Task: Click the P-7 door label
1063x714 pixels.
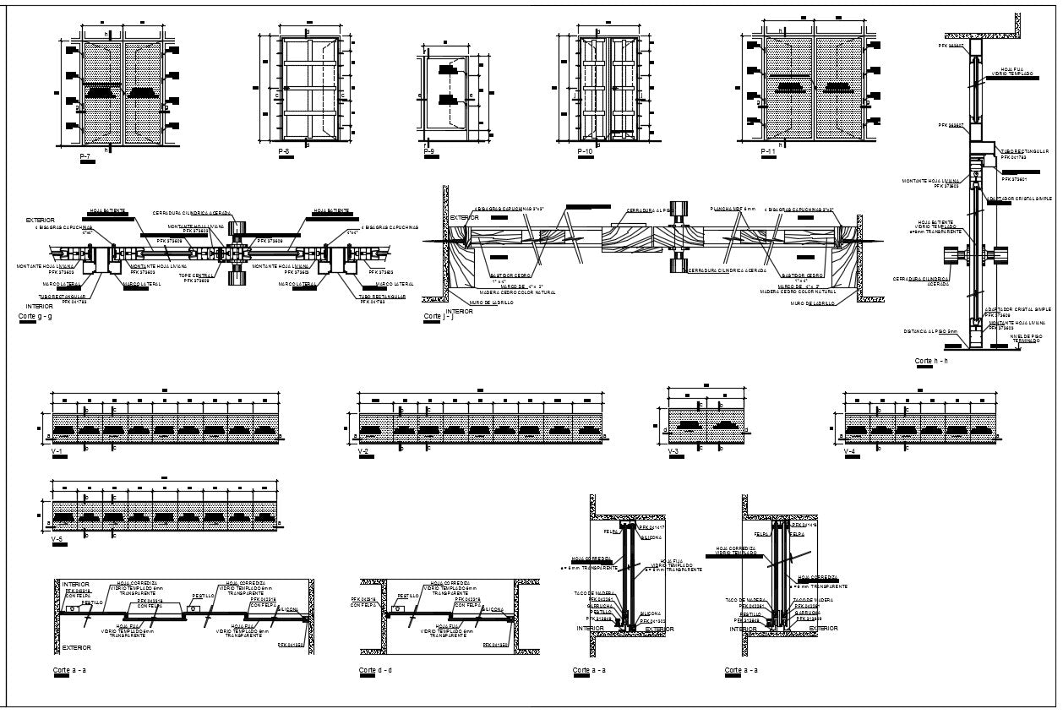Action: (x=85, y=157)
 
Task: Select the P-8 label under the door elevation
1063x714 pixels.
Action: (x=284, y=151)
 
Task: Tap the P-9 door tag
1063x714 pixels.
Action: (x=428, y=152)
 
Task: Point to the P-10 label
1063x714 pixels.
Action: (x=584, y=151)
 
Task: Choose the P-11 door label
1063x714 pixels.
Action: (x=768, y=151)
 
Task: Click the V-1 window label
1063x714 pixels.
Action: (x=57, y=453)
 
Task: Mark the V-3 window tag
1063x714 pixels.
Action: (x=673, y=453)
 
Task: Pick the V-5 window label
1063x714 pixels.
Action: (x=57, y=539)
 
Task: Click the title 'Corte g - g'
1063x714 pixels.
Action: (x=35, y=315)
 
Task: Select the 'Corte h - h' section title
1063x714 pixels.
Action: (x=931, y=361)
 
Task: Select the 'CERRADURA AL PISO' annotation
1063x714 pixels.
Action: (x=649, y=210)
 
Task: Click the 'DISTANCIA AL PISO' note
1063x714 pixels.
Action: (x=929, y=331)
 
